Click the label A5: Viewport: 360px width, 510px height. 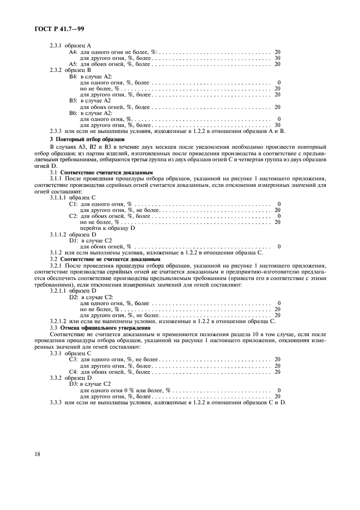tap(74, 64)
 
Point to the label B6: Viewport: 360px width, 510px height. tap(74, 113)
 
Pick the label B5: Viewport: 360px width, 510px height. tap(74, 101)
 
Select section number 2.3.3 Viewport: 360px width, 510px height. tap(57, 131)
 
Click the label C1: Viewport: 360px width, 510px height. tap(74, 203)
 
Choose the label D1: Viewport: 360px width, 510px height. tap(74, 240)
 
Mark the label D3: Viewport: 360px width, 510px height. tap(74, 384)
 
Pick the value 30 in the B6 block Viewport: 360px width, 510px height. tap(277, 125)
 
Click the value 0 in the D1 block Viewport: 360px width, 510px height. tap(279, 246)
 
